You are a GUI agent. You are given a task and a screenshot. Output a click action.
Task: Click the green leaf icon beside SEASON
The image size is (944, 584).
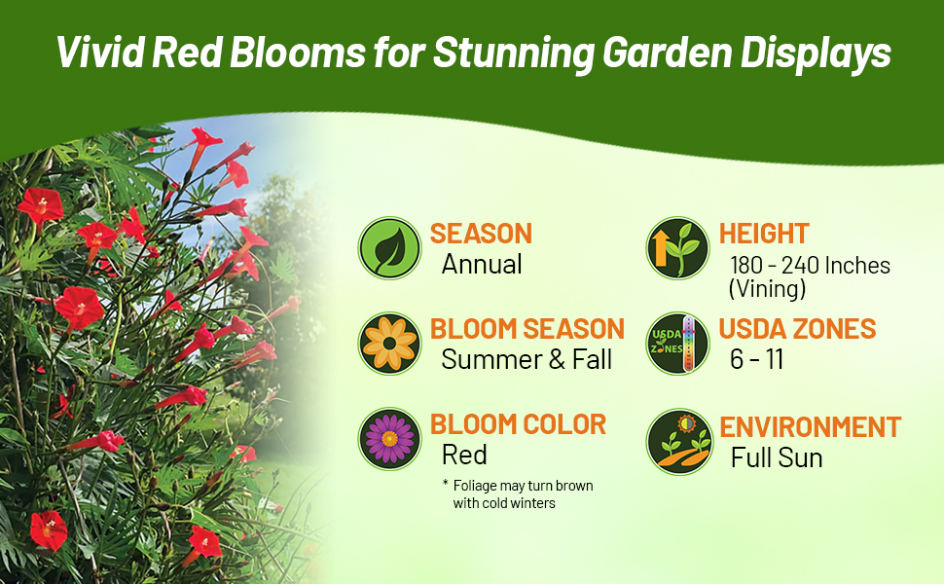[389, 248]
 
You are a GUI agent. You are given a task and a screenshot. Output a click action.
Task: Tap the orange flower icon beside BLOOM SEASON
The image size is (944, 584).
[389, 344]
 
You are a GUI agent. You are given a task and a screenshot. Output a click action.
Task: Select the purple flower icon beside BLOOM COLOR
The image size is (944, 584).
[389, 439]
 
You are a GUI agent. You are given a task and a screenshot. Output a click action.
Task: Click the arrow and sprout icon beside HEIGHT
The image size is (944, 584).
[677, 248]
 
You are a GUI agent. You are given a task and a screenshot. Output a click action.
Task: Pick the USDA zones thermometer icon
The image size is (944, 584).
[677, 344]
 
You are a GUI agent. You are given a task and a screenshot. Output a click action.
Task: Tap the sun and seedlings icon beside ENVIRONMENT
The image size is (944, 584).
[677, 441]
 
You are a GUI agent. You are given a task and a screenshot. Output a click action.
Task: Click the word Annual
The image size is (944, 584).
[482, 265]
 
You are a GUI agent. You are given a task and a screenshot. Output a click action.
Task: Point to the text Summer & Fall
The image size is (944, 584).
[526, 359]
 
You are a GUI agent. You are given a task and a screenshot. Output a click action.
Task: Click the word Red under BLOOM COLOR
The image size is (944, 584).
[464, 455]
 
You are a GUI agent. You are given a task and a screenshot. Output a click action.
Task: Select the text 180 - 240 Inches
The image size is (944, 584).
[810, 266]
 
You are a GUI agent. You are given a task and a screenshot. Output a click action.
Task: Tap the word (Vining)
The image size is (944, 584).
[766, 288]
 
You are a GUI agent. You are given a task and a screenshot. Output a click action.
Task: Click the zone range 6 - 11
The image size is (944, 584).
[756, 359]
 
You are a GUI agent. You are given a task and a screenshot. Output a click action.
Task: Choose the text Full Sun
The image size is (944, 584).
[777, 457]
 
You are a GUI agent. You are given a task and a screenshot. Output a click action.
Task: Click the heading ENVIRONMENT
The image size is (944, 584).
[810, 427]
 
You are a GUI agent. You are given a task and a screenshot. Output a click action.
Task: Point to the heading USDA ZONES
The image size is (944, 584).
[797, 329]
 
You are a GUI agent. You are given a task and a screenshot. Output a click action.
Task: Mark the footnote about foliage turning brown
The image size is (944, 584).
[518, 493]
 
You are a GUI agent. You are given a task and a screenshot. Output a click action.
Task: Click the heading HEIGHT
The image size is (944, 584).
[764, 234]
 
